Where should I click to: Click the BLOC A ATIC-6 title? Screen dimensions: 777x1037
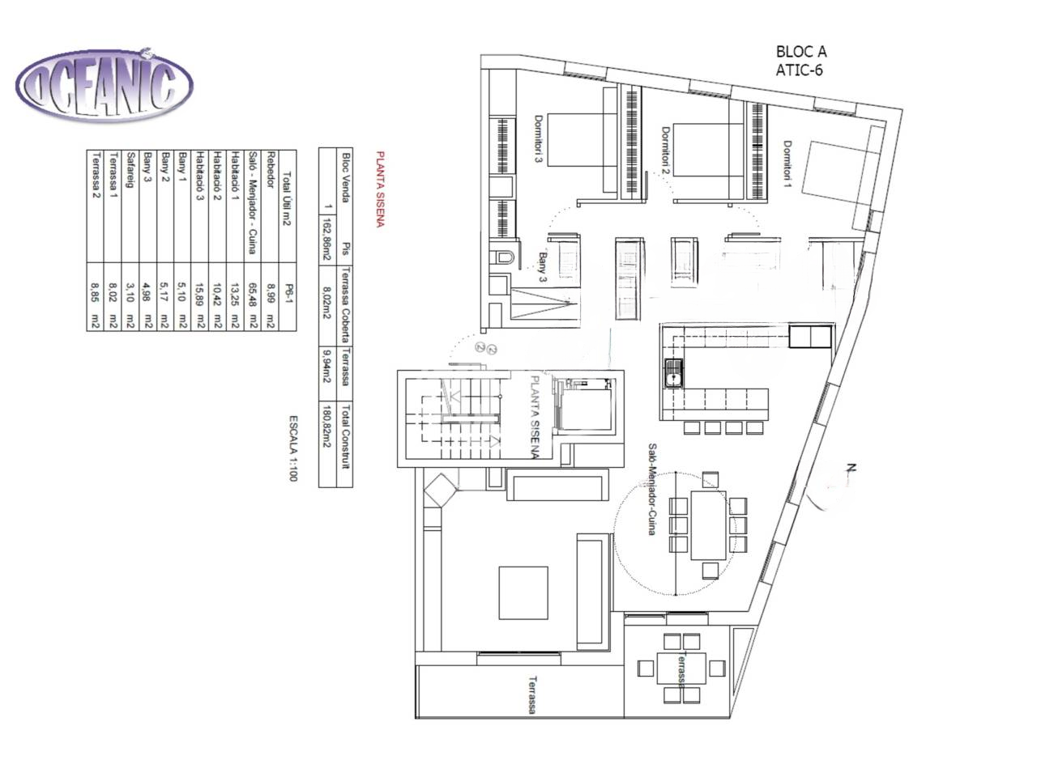pos(800,61)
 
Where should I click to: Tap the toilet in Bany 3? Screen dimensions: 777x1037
pos(503,257)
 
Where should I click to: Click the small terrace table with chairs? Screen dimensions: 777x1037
pos(680,668)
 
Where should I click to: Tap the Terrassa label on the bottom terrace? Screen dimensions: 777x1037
pos(532,694)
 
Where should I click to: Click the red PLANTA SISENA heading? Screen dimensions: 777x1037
pos(378,189)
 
